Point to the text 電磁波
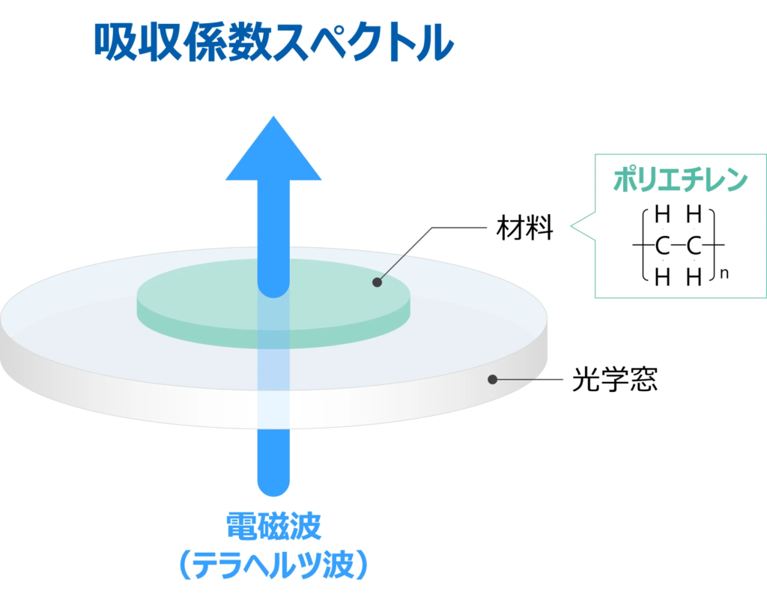273,527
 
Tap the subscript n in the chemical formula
724,275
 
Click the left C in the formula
661,246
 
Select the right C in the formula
694,246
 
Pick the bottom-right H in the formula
694,278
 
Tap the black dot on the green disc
377,282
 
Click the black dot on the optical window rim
492,380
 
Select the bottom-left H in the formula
661,278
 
